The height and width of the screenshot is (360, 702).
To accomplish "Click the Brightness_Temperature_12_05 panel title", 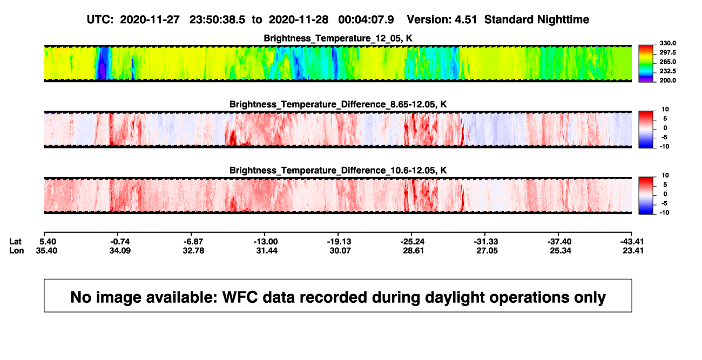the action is pos(338,38).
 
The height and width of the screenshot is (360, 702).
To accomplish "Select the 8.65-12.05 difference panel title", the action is pos(338,104).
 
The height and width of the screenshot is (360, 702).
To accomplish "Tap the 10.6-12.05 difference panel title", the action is pos(338,171).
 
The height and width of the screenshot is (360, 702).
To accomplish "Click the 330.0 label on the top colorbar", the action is pos(667,43).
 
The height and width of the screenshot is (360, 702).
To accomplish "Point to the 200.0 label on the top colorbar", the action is pos(667,80).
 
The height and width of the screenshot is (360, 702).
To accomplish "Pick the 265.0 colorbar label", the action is pos(667,62).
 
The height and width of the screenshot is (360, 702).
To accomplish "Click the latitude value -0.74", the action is pos(120,242).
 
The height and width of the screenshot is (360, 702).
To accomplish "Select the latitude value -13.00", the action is pos(266,242).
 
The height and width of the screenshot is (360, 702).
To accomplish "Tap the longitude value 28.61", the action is pos(413,250).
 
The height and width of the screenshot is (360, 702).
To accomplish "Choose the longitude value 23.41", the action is pos(633,250).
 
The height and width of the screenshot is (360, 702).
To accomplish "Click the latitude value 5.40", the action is pos(48,242).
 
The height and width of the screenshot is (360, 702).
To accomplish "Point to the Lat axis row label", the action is pos(15,242).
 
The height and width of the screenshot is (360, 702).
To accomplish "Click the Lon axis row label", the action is pos(16,250).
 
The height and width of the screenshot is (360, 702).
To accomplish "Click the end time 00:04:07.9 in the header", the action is pos(366,20).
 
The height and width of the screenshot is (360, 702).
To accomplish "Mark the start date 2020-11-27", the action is pos(150,20).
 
